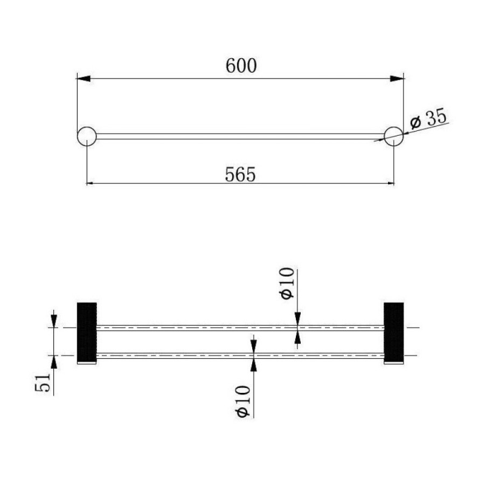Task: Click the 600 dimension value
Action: pyautogui.click(x=241, y=66)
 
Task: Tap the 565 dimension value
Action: pyautogui.click(x=240, y=175)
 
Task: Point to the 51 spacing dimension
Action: pyautogui.click(x=43, y=383)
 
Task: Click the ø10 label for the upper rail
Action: pyautogui.click(x=287, y=283)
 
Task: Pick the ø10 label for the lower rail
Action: pyautogui.click(x=242, y=401)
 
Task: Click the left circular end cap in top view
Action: pyautogui.click(x=87, y=136)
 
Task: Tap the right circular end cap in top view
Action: pyautogui.click(x=393, y=136)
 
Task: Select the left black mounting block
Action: pyautogui.click(x=87, y=333)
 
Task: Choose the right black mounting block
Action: pyautogui.click(x=394, y=333)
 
